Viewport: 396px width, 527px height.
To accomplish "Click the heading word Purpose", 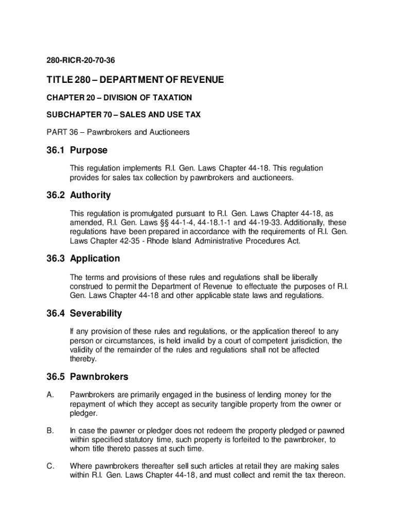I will tap(89, 150).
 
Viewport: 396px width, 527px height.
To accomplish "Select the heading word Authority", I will tap(91, 195).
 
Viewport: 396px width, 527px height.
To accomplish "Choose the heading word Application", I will tap(95, 258).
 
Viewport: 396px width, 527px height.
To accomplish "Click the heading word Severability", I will tap(96, 313).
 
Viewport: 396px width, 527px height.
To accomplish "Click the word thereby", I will tap(83, 359).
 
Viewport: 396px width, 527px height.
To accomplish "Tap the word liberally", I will tap(305, 277).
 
